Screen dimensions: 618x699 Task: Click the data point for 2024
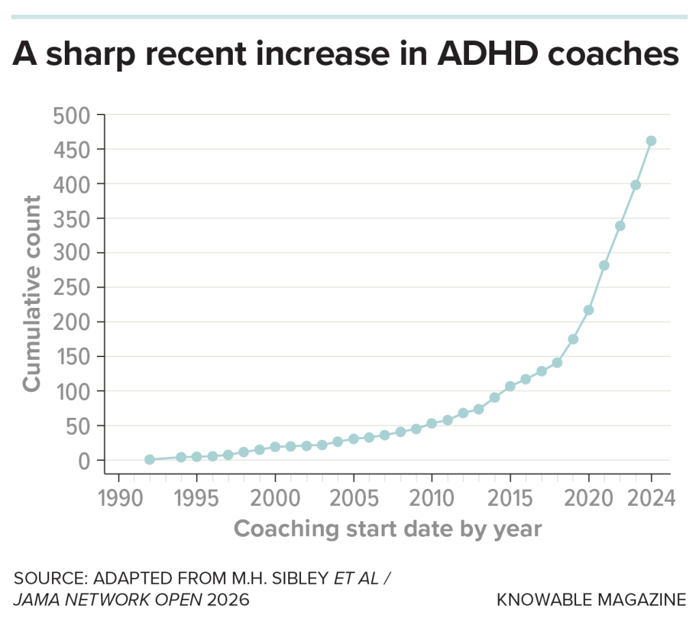tap(651, 141)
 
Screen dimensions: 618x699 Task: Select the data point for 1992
tap(149, 460)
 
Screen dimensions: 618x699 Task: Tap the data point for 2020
tap(588, 310)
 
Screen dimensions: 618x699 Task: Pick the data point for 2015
tap(510, 387)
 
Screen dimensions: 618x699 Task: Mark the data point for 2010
tap(431, 423)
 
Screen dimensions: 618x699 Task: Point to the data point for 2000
tap(275, 447)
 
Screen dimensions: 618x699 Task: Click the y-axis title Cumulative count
tap(32, 294)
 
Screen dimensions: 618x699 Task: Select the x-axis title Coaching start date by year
tap(388, 529)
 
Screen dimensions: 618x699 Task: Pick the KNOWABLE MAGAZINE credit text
tap(591, 600)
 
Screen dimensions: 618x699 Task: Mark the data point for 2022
tap(620, 226)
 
